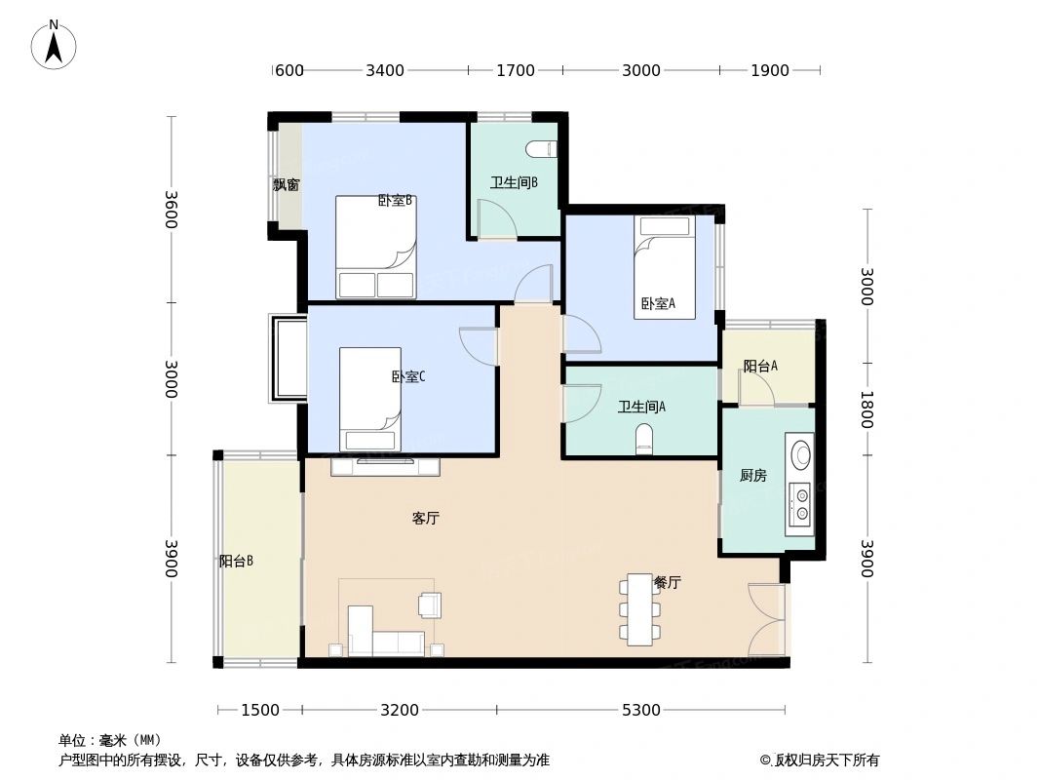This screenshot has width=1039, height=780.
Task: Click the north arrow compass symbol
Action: tap(55, 44)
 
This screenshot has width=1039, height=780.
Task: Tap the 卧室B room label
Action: tap(396, 201)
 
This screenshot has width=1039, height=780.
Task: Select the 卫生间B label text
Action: tap(514, 182)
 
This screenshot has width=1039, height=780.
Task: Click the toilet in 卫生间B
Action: tap(540, 149)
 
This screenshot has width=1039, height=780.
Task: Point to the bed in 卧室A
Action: tap(665, 265)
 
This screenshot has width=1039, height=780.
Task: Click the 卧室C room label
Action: tap(407, 376)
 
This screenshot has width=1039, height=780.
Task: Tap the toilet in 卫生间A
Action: tap(643, 440)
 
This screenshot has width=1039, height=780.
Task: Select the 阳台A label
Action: tap(760, 367)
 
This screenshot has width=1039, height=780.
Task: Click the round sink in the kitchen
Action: tap(801, 455)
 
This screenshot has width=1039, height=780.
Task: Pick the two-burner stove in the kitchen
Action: tap(801, 503)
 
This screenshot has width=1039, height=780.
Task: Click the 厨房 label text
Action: tap(752, 476)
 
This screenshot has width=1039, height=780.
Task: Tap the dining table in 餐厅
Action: tap(639, 609)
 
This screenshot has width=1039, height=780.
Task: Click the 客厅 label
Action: tap(425, 519)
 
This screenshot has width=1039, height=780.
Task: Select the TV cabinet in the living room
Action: tap(385, 467)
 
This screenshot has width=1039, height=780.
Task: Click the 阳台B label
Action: tap(236, 561)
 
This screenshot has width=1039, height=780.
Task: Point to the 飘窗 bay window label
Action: tap(286, 185)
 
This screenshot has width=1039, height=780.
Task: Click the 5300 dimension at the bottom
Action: tap(640, 710)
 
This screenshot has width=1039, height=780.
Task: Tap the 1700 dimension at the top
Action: tap(515, 70)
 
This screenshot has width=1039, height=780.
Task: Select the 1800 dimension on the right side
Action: tap(866, 409)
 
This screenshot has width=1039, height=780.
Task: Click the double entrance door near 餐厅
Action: tap(766, 620)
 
